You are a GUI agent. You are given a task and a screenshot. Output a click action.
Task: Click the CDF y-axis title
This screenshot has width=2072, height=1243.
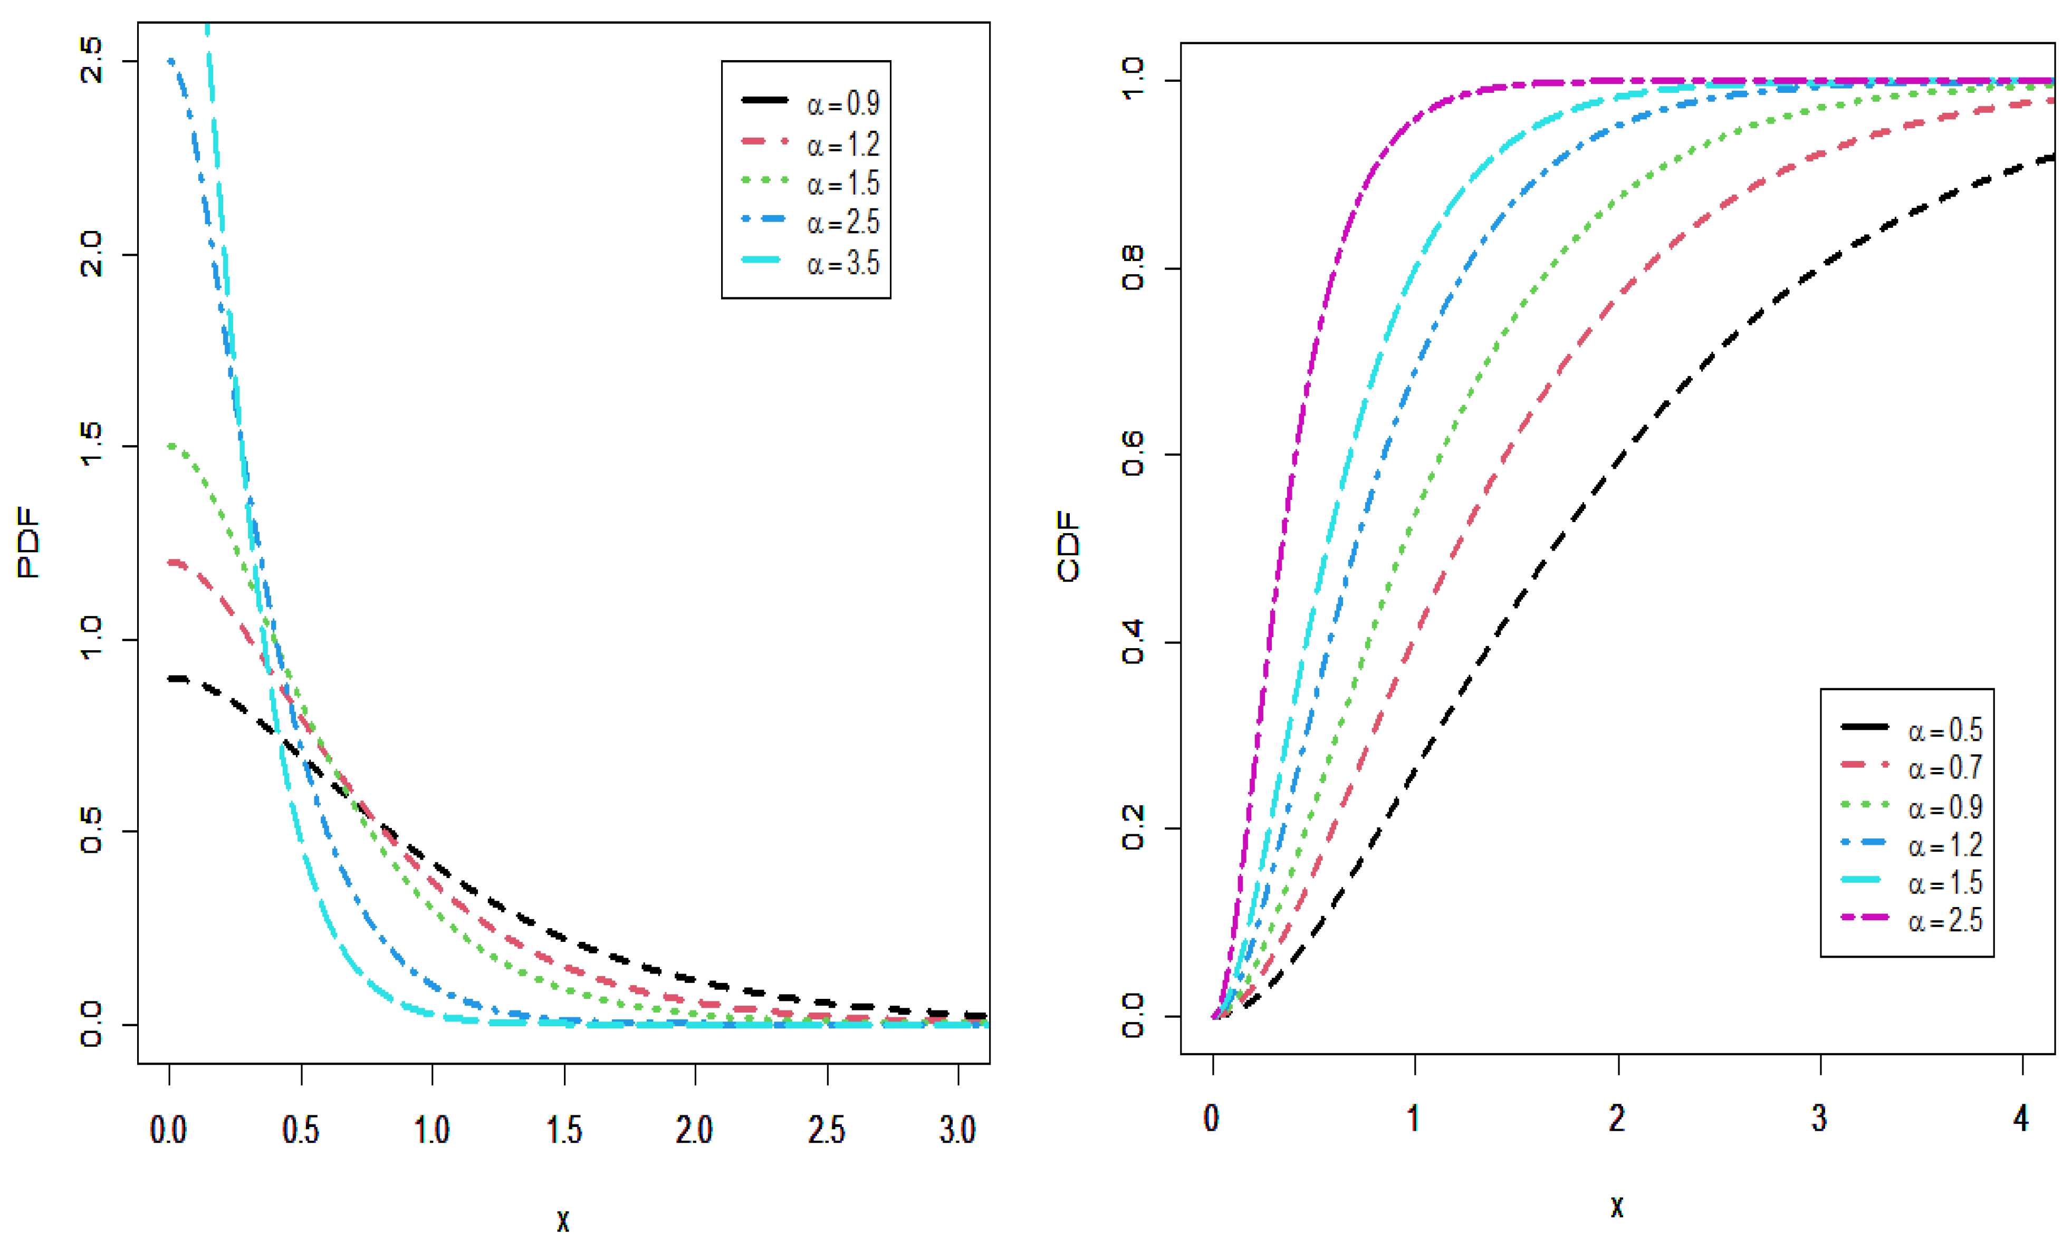(x=1068, y=546)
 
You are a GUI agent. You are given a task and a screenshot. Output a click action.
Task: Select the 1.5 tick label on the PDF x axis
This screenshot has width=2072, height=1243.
(x=564, y=1131)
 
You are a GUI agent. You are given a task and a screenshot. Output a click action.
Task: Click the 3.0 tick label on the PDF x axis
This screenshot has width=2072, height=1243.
(x=957, y=1131)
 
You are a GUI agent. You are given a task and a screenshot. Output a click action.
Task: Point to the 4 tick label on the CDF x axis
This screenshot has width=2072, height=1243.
(x=2022, y=1118)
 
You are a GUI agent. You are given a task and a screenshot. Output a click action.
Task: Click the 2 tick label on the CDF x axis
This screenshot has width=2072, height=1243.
(x=1617, y=1118)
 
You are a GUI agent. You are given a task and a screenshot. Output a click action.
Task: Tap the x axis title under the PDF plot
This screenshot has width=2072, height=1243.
(x=563, y=1220)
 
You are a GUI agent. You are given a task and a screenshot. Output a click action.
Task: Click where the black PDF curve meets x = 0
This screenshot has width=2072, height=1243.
(x=171, y=679)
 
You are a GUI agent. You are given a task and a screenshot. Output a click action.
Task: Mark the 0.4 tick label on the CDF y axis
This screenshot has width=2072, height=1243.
(x=1132, y=642)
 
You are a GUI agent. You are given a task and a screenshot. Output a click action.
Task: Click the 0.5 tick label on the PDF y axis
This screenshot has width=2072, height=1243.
(x=90, y=831)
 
